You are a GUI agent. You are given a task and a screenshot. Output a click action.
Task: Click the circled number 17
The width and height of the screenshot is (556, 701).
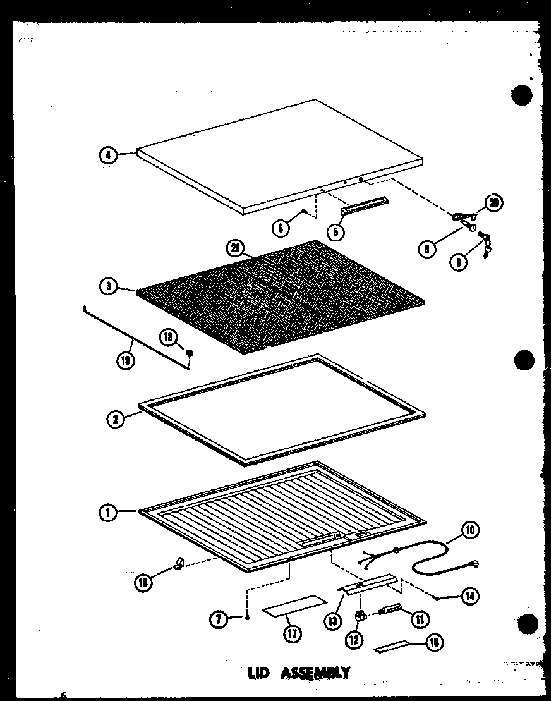pos(291,633)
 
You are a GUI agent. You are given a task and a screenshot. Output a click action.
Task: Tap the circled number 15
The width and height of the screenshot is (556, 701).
pos(433,643)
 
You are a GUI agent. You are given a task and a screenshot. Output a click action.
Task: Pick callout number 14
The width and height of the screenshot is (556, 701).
pos(469,595)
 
